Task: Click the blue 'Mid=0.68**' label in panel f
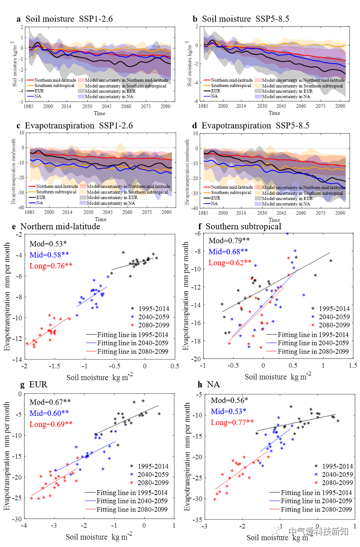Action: coord(228,251)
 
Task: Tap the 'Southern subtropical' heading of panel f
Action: coord(243,226)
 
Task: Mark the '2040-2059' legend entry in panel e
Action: coord(154,317)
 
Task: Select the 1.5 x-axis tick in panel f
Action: coord(353,366)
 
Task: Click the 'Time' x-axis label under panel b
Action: coord(274,113)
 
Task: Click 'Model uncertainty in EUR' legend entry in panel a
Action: coord(107,91)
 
